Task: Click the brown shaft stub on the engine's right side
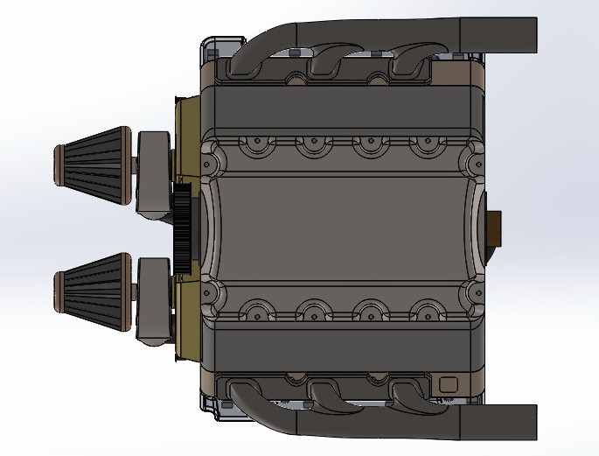tap(497, 228)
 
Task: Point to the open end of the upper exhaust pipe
tap(528, 32)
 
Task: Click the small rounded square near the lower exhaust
tap(449, 383)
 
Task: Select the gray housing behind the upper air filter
tap(154, 173)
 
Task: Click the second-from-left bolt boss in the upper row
tap(313, 144)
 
